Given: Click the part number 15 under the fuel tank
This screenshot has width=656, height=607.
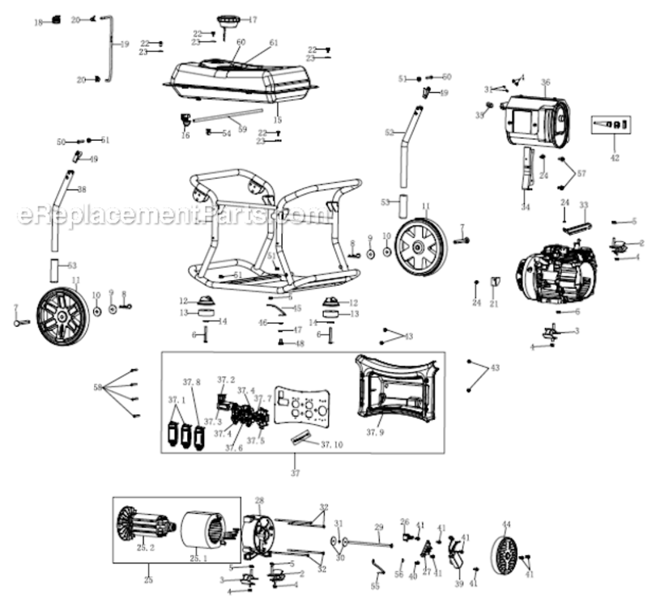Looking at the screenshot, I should click(278, 119).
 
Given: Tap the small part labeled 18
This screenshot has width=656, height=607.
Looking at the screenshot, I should click(56, 19).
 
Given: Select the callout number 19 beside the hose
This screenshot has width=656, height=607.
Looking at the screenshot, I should click(124, 45).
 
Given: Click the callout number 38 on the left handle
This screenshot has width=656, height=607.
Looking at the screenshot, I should click(81, 189).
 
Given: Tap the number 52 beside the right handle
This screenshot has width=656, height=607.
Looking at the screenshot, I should click(390, 132).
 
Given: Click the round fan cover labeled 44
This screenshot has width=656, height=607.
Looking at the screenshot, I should click(507, 553).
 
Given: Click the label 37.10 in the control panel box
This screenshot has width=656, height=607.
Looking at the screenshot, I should click(331, 445).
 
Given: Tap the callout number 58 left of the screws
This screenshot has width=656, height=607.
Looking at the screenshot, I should click(99, 388).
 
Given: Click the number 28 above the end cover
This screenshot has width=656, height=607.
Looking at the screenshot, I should click(260, 500).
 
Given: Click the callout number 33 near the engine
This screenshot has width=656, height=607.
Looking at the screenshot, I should click(584, 206).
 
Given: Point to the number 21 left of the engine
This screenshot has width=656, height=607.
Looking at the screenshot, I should click(494, 305).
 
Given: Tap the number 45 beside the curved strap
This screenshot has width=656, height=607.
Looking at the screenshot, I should click(296, 308).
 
